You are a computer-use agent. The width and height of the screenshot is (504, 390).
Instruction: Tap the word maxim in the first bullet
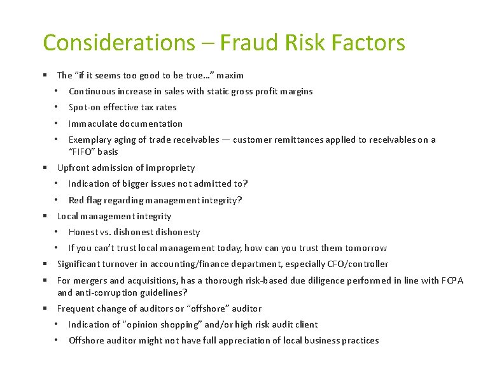[x=230, y=75]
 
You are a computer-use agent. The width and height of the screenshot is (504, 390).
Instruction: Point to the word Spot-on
[x=85, y=108]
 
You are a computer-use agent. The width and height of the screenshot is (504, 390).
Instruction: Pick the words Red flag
[x=83, y=200]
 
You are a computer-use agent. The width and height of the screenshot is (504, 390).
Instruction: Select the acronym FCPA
[x=452, y=280]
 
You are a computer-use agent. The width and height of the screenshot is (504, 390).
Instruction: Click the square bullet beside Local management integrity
[x=46, y=216]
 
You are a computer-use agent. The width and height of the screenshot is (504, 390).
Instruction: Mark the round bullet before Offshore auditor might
[x=57, y=340]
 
